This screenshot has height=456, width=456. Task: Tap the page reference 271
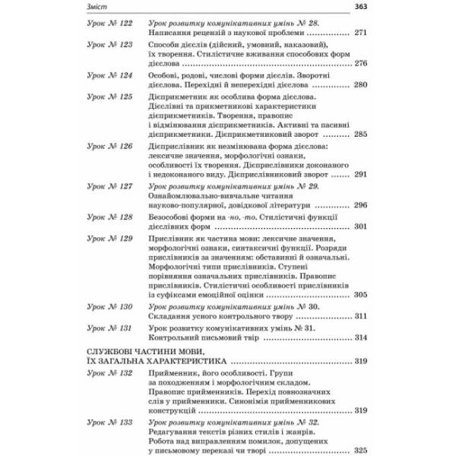pos(361,34)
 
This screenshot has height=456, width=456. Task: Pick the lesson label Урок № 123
pos(109,46)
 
